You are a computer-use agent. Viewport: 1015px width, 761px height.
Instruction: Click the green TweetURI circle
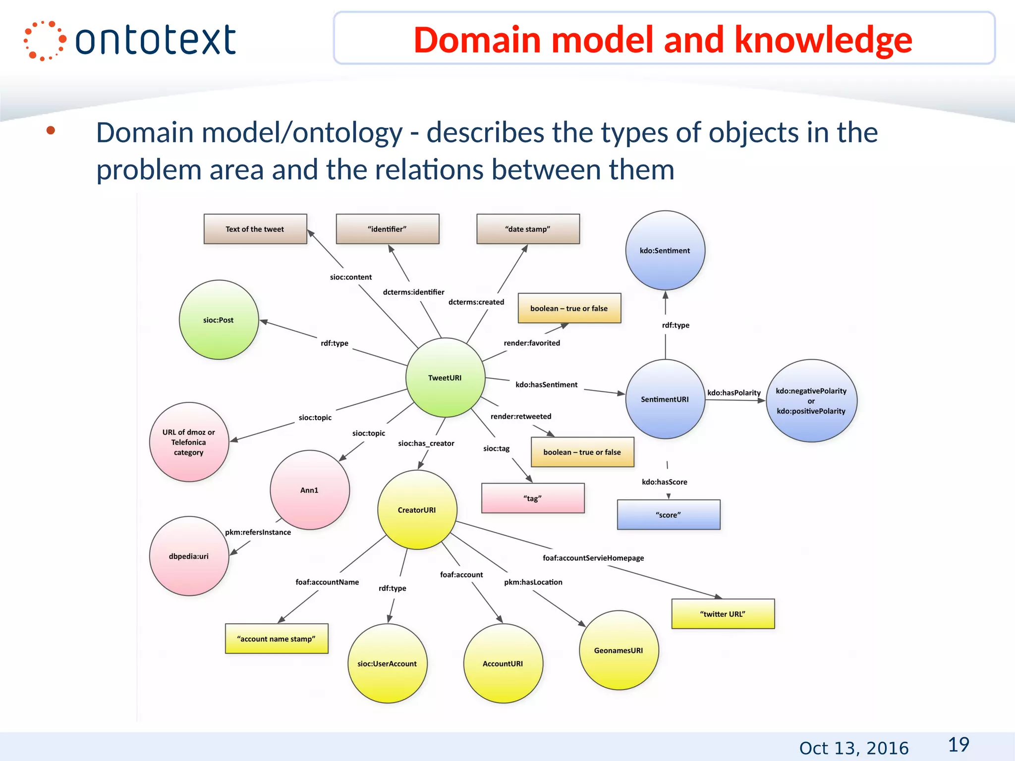[445, 378]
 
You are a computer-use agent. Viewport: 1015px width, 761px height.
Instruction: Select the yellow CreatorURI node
[417, 510]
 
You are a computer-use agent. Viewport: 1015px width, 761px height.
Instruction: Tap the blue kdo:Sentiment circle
[665, 251]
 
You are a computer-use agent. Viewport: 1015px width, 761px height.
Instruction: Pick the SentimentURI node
[665, 399]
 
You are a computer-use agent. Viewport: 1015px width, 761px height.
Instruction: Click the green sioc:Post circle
[219, 320]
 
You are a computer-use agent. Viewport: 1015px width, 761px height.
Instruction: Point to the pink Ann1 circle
[310, 490]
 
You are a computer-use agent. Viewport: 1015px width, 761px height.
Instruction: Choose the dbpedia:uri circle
[189, 556]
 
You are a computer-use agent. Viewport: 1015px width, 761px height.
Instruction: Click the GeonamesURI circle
[619, 650]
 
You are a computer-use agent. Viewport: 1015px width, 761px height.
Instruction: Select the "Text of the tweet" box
[255, 229]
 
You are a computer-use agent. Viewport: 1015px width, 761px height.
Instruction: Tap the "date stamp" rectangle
[528, 229]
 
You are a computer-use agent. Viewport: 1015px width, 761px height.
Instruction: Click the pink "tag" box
[533, 498]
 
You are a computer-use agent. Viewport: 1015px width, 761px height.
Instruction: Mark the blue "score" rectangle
[668, 515]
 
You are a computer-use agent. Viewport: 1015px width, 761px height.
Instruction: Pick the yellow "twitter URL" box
[723, 614]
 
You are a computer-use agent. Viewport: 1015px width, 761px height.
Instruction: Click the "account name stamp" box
[277, 639]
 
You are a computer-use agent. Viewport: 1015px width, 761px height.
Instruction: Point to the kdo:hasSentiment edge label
[546, 384]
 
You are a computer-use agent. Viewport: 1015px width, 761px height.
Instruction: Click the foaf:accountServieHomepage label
[593, 558]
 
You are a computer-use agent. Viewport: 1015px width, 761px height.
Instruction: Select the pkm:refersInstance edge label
[258, 532]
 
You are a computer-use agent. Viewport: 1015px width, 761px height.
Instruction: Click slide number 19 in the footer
[959, 745]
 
